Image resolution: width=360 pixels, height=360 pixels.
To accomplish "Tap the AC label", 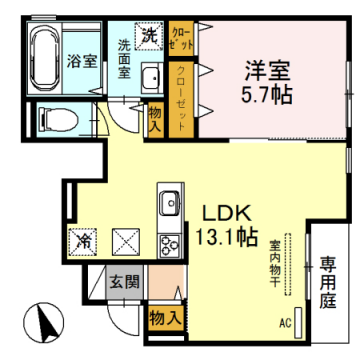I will (x=284, y=322).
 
